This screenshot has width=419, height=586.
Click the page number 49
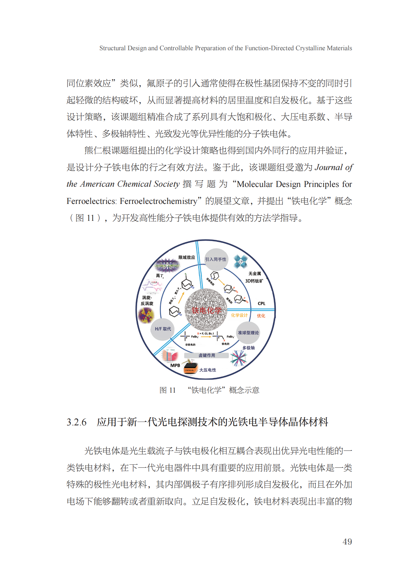point(347,541)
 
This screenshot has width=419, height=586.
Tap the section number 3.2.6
point(76,422)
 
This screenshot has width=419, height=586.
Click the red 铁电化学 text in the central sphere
point(207,310)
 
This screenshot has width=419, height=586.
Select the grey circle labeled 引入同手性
point(216,259)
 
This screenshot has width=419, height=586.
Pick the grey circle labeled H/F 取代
point(163,329)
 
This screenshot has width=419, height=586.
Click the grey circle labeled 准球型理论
point(248,332)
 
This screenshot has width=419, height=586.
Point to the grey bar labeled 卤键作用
point(207,355)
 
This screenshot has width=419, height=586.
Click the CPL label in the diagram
point(261,303)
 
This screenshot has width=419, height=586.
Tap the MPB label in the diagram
point(175,365)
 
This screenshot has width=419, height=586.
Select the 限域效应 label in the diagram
point(187,257)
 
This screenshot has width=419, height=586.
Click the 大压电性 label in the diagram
point(208,370)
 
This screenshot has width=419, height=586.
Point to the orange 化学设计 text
point(239,315)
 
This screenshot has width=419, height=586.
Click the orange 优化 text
point(261,316)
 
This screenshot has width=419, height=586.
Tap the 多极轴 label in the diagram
point(249,348)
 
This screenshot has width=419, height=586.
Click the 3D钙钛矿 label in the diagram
point(254,281)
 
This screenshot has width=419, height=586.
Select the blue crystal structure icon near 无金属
point(241,261)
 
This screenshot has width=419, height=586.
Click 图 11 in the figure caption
point(167,390)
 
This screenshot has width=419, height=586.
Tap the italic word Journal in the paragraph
point(329,167)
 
